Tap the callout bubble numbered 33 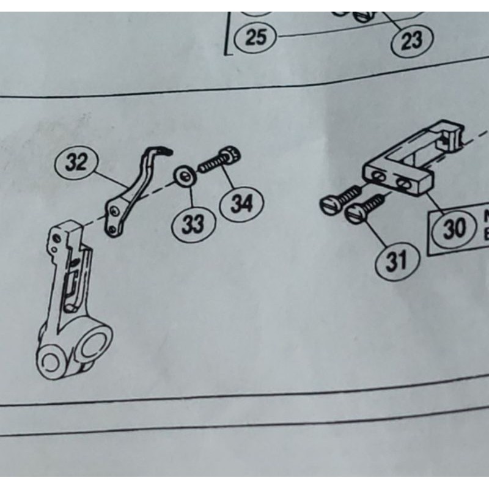point(193,224)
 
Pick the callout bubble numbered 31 point(396,261)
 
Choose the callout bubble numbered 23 point(411,40)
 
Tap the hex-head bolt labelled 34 point(220,160)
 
